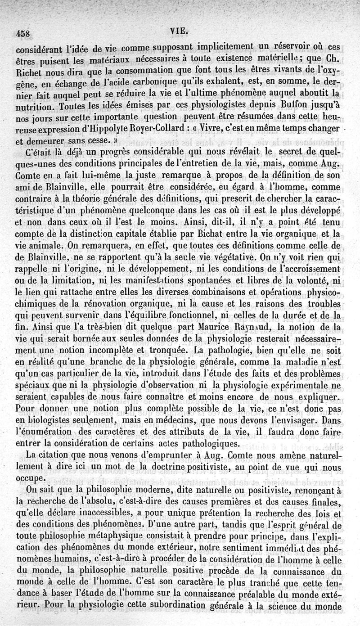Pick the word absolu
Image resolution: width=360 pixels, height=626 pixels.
(101, 502)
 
